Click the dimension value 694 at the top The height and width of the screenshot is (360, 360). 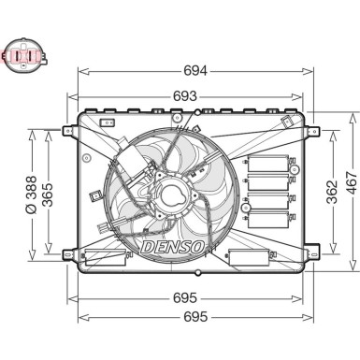pyautogui.click(x=194, y=70)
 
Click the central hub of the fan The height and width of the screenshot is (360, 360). pyautogui.click(x=173, y=197)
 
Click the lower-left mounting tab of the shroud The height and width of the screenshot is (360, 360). pyautogui.click(x=67, y=253)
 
